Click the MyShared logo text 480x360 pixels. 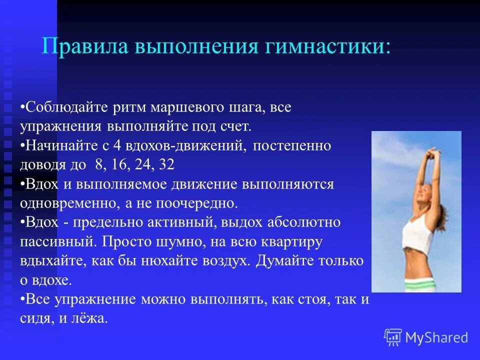[x=436, y=337]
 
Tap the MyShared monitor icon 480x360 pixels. [x=393, y=337]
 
